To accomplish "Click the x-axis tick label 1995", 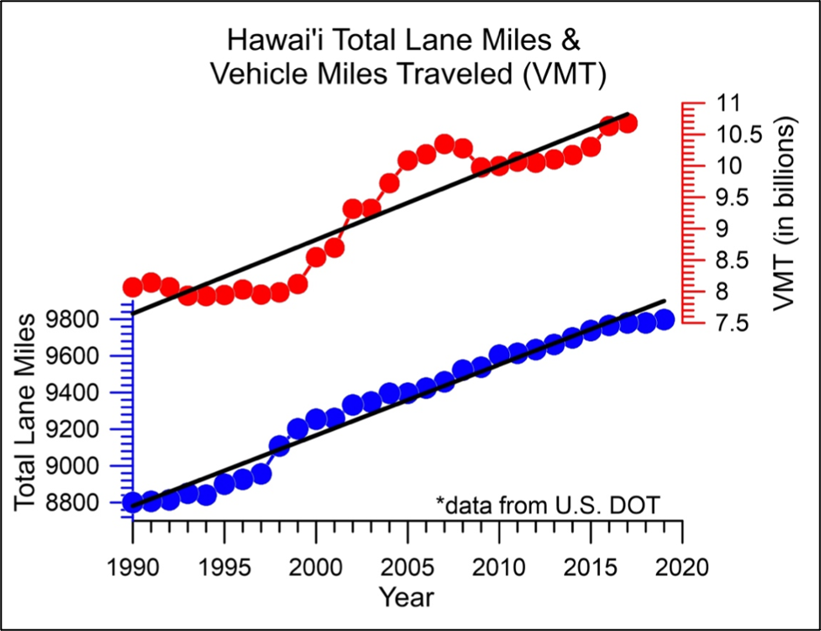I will click(x=224, y=560).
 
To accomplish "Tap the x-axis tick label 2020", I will click(x=682, y=560).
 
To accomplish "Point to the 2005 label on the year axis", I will click(x=407, y=560).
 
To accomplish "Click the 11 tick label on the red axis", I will click(x=727, y=102).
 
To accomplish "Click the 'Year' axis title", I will click(x=407, y=597).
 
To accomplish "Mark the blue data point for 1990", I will click(x=133, y=503).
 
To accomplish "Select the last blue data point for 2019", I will click(x=664, y=319).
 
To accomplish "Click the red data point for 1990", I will click(x=133, y=287).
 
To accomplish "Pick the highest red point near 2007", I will click(x=444, y=144).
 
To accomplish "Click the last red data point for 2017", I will click(x=627, y=123).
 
